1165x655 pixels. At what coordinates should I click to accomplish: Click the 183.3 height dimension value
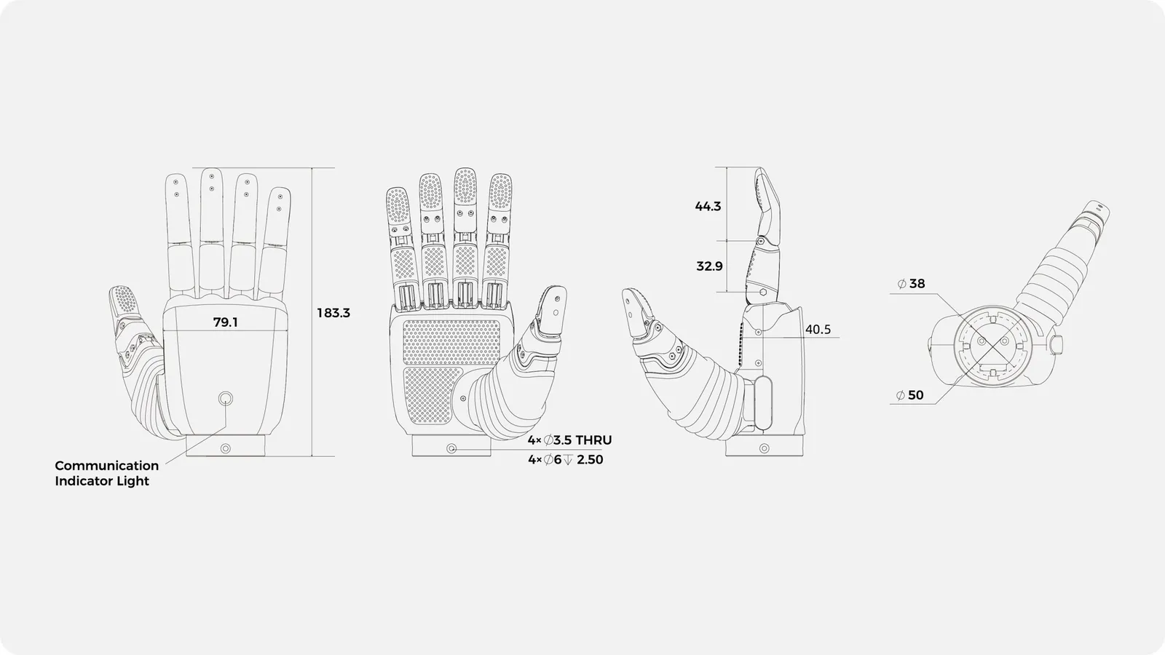[333, 313]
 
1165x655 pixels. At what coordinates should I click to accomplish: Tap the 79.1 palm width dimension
[225, 322]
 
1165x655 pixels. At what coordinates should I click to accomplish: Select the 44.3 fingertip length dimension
[708, 207]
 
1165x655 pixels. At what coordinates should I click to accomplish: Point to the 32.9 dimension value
[709, 266]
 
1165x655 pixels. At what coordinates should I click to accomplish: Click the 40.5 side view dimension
[818, 330]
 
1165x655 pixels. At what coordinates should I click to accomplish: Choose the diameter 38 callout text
[911, 283]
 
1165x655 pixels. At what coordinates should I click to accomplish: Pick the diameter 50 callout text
[910, 395]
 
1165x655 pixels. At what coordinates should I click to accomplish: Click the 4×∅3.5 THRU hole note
[569, 440]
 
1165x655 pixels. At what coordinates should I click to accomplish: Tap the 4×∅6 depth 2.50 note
[565, 459]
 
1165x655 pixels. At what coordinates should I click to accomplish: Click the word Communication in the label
[106, 465]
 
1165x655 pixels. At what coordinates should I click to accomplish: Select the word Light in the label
[135, 481]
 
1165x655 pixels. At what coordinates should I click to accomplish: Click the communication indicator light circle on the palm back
[225, 399]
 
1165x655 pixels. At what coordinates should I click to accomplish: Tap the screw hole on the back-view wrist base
[225, 448]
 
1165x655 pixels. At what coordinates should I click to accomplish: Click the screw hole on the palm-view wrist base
[451, 448]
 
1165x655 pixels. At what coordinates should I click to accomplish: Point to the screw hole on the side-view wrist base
[764, 448]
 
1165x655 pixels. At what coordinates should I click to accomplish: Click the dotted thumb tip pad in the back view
[125, 300]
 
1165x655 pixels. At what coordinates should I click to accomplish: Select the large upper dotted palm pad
[451, 342]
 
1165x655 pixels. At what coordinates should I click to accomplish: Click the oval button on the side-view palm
[764, 403]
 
